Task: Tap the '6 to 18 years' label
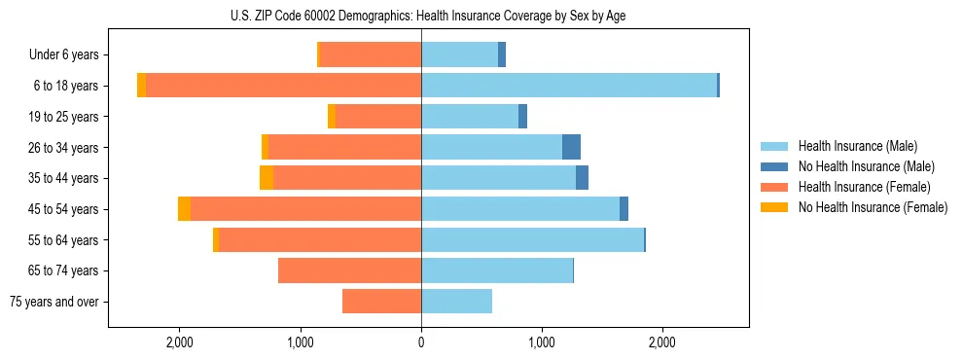[66, 86]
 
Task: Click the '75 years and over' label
[54, 302]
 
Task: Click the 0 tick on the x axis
[421, 342]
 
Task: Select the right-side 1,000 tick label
[541, 342]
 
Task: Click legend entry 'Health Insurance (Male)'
[857, 146]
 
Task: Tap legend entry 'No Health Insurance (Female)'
[873, 207]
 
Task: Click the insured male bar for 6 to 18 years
[569, 86]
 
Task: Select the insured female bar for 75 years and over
[381, 302]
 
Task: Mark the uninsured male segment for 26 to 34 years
[571, 147]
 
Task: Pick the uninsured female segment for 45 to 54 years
[184, 209]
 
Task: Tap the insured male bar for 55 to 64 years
[532, 240]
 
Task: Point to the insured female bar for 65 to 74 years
[349, 270]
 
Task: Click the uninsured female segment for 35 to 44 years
[267, 178]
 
